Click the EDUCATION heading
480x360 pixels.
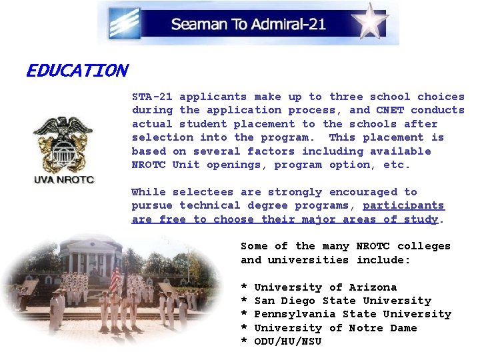point(77,71)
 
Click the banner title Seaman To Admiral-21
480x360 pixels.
point(248,25)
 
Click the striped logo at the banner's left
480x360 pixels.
point(125,23)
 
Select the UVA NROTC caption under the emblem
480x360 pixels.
point(64,179)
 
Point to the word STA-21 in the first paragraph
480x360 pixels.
point(152,97)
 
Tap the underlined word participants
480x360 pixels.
point(403,205)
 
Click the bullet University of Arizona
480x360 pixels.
point(325,287)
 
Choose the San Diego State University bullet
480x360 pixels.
point(343,301)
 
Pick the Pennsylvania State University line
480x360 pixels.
point(353,314)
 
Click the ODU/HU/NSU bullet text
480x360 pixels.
point(288,341)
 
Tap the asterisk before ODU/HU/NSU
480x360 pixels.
point(244,342)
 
